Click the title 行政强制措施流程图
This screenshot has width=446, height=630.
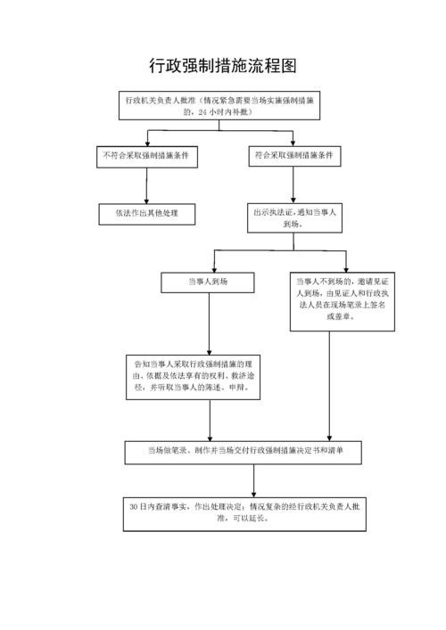click(x=222, y=67)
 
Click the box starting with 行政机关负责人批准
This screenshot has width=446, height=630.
click(x=222, y=106)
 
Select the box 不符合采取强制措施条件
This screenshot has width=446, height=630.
click(x=146, y=157)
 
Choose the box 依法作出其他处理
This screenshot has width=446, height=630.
click(x=146, y=214)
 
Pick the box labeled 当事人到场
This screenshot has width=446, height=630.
click(x=208, y=282)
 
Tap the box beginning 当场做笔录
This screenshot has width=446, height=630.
click(x=245, y=451)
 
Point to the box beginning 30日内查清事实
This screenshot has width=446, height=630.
click(x=245, y=512)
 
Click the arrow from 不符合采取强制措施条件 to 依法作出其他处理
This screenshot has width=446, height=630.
click(x=146, y=185)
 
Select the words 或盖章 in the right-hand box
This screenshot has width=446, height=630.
click(x=343, y=316)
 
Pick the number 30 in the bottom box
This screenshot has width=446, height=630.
click(x=133, y=506)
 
